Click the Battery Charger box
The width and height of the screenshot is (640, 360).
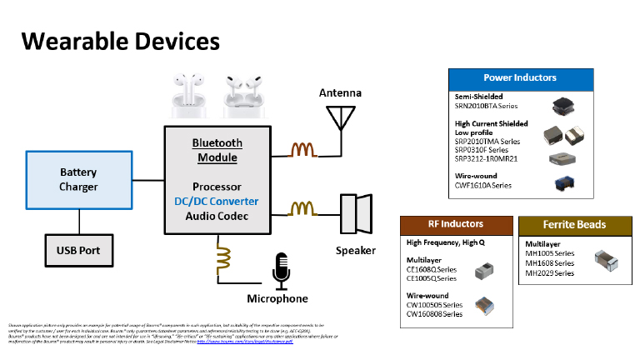(78, 179)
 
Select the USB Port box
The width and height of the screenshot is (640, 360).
(78, 247)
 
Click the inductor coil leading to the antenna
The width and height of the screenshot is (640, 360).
(302, 150)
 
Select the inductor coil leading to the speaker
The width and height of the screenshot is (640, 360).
(302, 208)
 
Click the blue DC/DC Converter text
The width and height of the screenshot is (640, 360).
(217, 201)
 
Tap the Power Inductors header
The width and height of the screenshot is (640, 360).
(520, 77)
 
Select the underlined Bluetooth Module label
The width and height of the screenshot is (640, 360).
(217, 150)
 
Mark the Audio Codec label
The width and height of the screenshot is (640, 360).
(217, 216)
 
